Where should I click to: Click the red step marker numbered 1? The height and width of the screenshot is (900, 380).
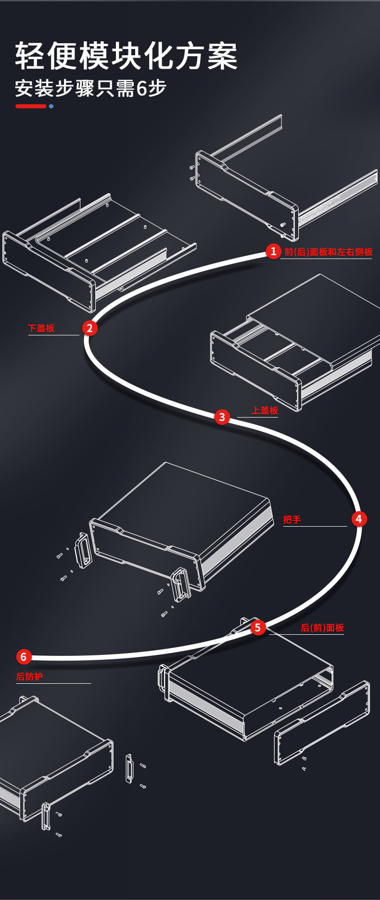click(273, 251)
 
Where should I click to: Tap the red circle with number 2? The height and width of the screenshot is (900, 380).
click(89, 328)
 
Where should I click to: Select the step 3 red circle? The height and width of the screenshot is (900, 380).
click(222, 417)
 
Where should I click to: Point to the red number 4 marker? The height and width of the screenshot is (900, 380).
click(358, 519)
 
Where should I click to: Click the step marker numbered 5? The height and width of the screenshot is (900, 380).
click(258, 627)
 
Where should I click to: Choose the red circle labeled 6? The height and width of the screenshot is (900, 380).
click(24, 657)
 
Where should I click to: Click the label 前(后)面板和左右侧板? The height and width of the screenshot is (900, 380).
click(329, 252)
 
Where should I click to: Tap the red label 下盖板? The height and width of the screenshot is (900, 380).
click(41, 328)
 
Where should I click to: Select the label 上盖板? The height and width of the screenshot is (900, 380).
click(265, 410)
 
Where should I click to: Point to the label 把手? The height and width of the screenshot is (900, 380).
click(292, 519)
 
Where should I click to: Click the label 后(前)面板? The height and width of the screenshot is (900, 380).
click(322, 628)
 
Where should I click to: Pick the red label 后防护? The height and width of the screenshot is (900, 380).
click(29, 677)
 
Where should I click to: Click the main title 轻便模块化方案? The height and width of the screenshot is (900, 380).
click(127, 56)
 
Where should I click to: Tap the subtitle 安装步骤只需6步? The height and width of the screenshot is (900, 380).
click(90, 88)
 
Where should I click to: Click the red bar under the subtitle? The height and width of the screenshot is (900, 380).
click(31, 106)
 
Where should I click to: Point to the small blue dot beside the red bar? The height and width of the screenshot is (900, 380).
click(51, 106)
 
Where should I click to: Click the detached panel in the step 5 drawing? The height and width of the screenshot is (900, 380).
click(322, 723)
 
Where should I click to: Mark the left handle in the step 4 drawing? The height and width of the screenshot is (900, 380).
click(83, 550)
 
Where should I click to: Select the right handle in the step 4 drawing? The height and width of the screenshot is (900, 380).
click(181, 584)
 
